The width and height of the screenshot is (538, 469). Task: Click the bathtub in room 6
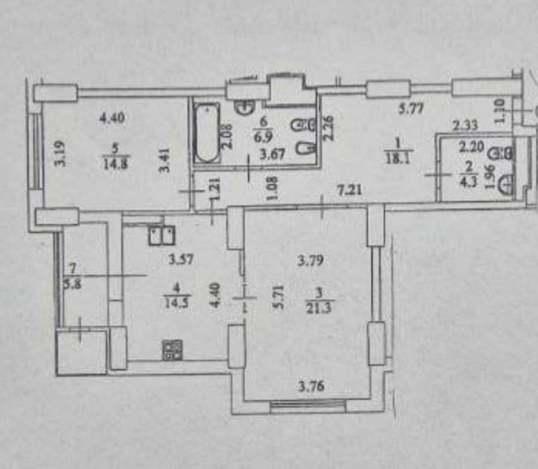tap(207, 133)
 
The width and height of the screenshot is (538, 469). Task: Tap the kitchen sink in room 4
tap(162, 234)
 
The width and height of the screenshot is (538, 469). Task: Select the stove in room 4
tap(172, 350)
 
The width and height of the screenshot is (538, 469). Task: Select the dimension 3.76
tap(313, 385)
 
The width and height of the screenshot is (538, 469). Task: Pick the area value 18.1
tap(398, 158)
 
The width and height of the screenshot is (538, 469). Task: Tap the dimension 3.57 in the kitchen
tap(181, 260)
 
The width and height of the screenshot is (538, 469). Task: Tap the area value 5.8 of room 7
tap(71, 285)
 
